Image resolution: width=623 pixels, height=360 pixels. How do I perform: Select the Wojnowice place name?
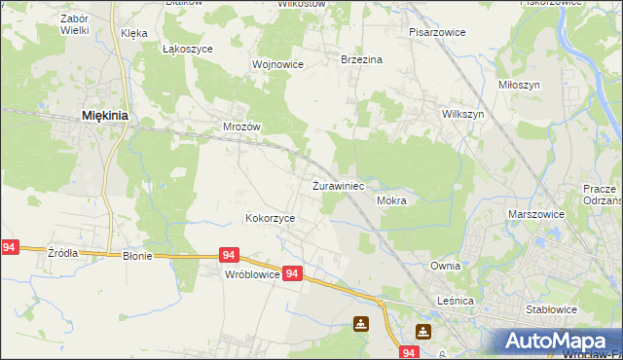pos(278,64)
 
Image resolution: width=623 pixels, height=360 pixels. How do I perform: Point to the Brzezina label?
pos(361,59)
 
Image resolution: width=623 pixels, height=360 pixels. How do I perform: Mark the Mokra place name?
pos(390,200)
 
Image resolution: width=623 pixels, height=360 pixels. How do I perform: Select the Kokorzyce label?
pos(270,219)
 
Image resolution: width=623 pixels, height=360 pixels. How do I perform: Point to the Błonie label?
pos(138,255)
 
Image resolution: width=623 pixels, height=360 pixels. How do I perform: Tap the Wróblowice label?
pos(252,275)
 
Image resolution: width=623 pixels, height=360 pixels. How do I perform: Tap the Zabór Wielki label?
pos(74,24)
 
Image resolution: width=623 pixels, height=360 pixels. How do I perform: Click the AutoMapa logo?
pos(557,341)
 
